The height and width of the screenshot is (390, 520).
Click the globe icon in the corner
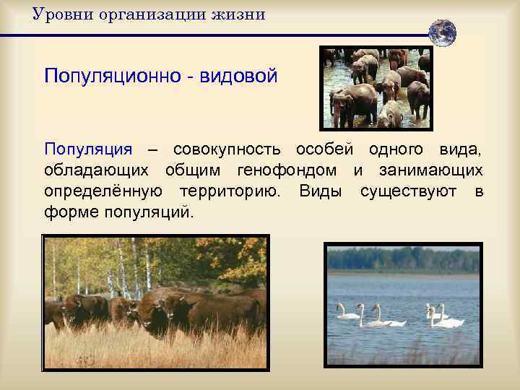click(x=442, y=32)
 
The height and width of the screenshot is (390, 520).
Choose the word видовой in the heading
click(x=240, y=76)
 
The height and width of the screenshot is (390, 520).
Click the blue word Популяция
click(x=88, y=149)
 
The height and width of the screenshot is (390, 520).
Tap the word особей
click(x=325, y=149)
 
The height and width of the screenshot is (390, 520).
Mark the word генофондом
click(x=297, y=171)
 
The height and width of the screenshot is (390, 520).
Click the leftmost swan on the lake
click(x=348, y=312)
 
